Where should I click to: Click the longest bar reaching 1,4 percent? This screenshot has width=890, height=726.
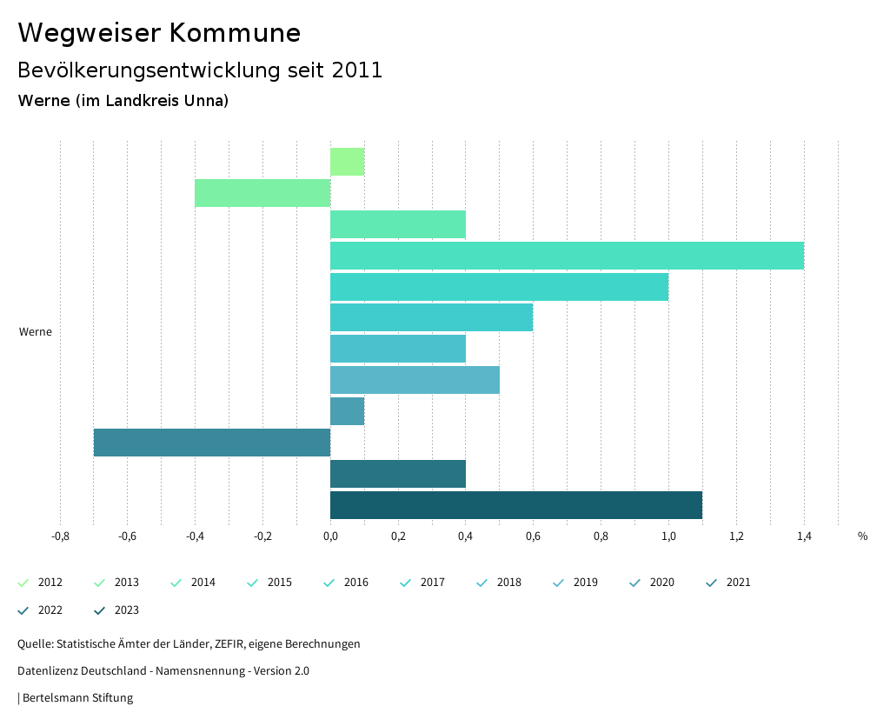567,256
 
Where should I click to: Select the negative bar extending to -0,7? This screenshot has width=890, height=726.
212,443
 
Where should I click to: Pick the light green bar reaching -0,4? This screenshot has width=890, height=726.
262,193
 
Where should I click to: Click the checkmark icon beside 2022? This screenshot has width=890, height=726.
23,610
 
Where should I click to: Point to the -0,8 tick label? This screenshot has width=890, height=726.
60,536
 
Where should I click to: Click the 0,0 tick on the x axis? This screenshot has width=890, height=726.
330,536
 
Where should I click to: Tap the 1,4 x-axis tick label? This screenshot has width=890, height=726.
804,536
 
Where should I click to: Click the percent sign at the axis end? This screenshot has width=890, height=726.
862,536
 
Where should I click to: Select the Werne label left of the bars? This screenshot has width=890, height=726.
36,332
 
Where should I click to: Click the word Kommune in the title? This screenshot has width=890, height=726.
235,33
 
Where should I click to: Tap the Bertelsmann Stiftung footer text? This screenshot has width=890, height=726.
77,697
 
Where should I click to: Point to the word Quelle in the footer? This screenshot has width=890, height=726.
34,644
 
